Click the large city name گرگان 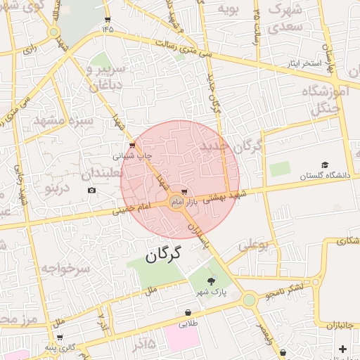point(163,254)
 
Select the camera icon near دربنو point(91,191)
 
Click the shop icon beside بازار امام point(184,191)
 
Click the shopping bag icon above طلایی point(188,313)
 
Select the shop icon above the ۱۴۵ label point(107,20)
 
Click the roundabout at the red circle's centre point(176,202)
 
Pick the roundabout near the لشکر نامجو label point(249,300)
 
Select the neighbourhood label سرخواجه point(65,269)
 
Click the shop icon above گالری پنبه point(64,338)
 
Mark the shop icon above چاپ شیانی point(132,145)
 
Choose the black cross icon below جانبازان point(342,349)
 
